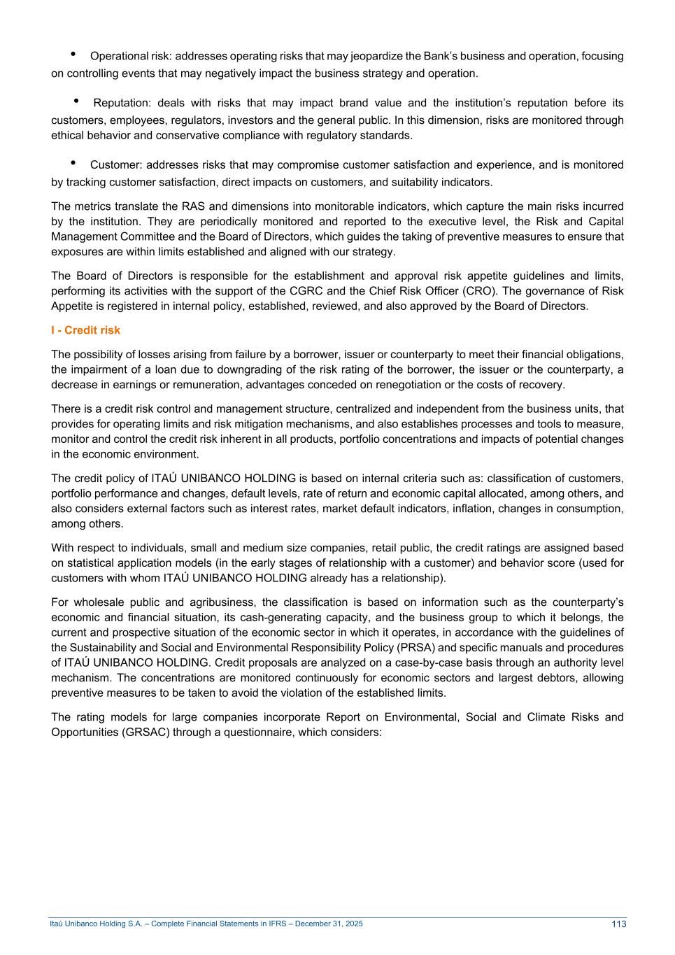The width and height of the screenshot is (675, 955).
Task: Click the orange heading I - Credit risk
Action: coord(85,330)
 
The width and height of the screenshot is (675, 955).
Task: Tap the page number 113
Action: coord(618,924)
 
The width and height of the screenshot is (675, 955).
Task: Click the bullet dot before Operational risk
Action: coord(73,54)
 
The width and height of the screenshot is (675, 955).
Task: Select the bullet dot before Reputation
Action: coord(76,101)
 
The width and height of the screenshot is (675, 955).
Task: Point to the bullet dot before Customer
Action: coord(73,163)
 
